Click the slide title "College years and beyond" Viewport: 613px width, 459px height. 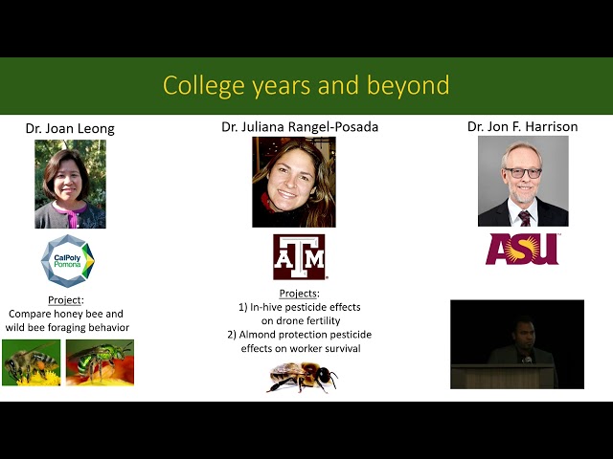coord(306,85)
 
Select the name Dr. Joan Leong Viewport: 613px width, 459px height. coord(70,129)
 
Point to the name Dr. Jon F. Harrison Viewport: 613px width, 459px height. coord(522,126)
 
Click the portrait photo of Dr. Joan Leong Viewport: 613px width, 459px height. coord(70,184)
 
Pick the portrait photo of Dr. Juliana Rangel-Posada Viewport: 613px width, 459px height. coord(293,181)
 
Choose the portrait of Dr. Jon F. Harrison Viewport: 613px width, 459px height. coord(522,180)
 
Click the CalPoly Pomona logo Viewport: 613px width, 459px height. coord(68,260)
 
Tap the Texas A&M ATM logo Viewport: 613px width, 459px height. coord(299,257)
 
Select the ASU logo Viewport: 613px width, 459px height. coord(522,249)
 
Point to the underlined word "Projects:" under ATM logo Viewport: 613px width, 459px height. coord(299,293)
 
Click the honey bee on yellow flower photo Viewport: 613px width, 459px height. coord(31,362)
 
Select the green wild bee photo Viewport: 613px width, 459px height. coord(100,362)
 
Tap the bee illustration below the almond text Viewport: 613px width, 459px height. coord(301,376)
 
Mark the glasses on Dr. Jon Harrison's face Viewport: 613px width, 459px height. coord(523,172)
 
